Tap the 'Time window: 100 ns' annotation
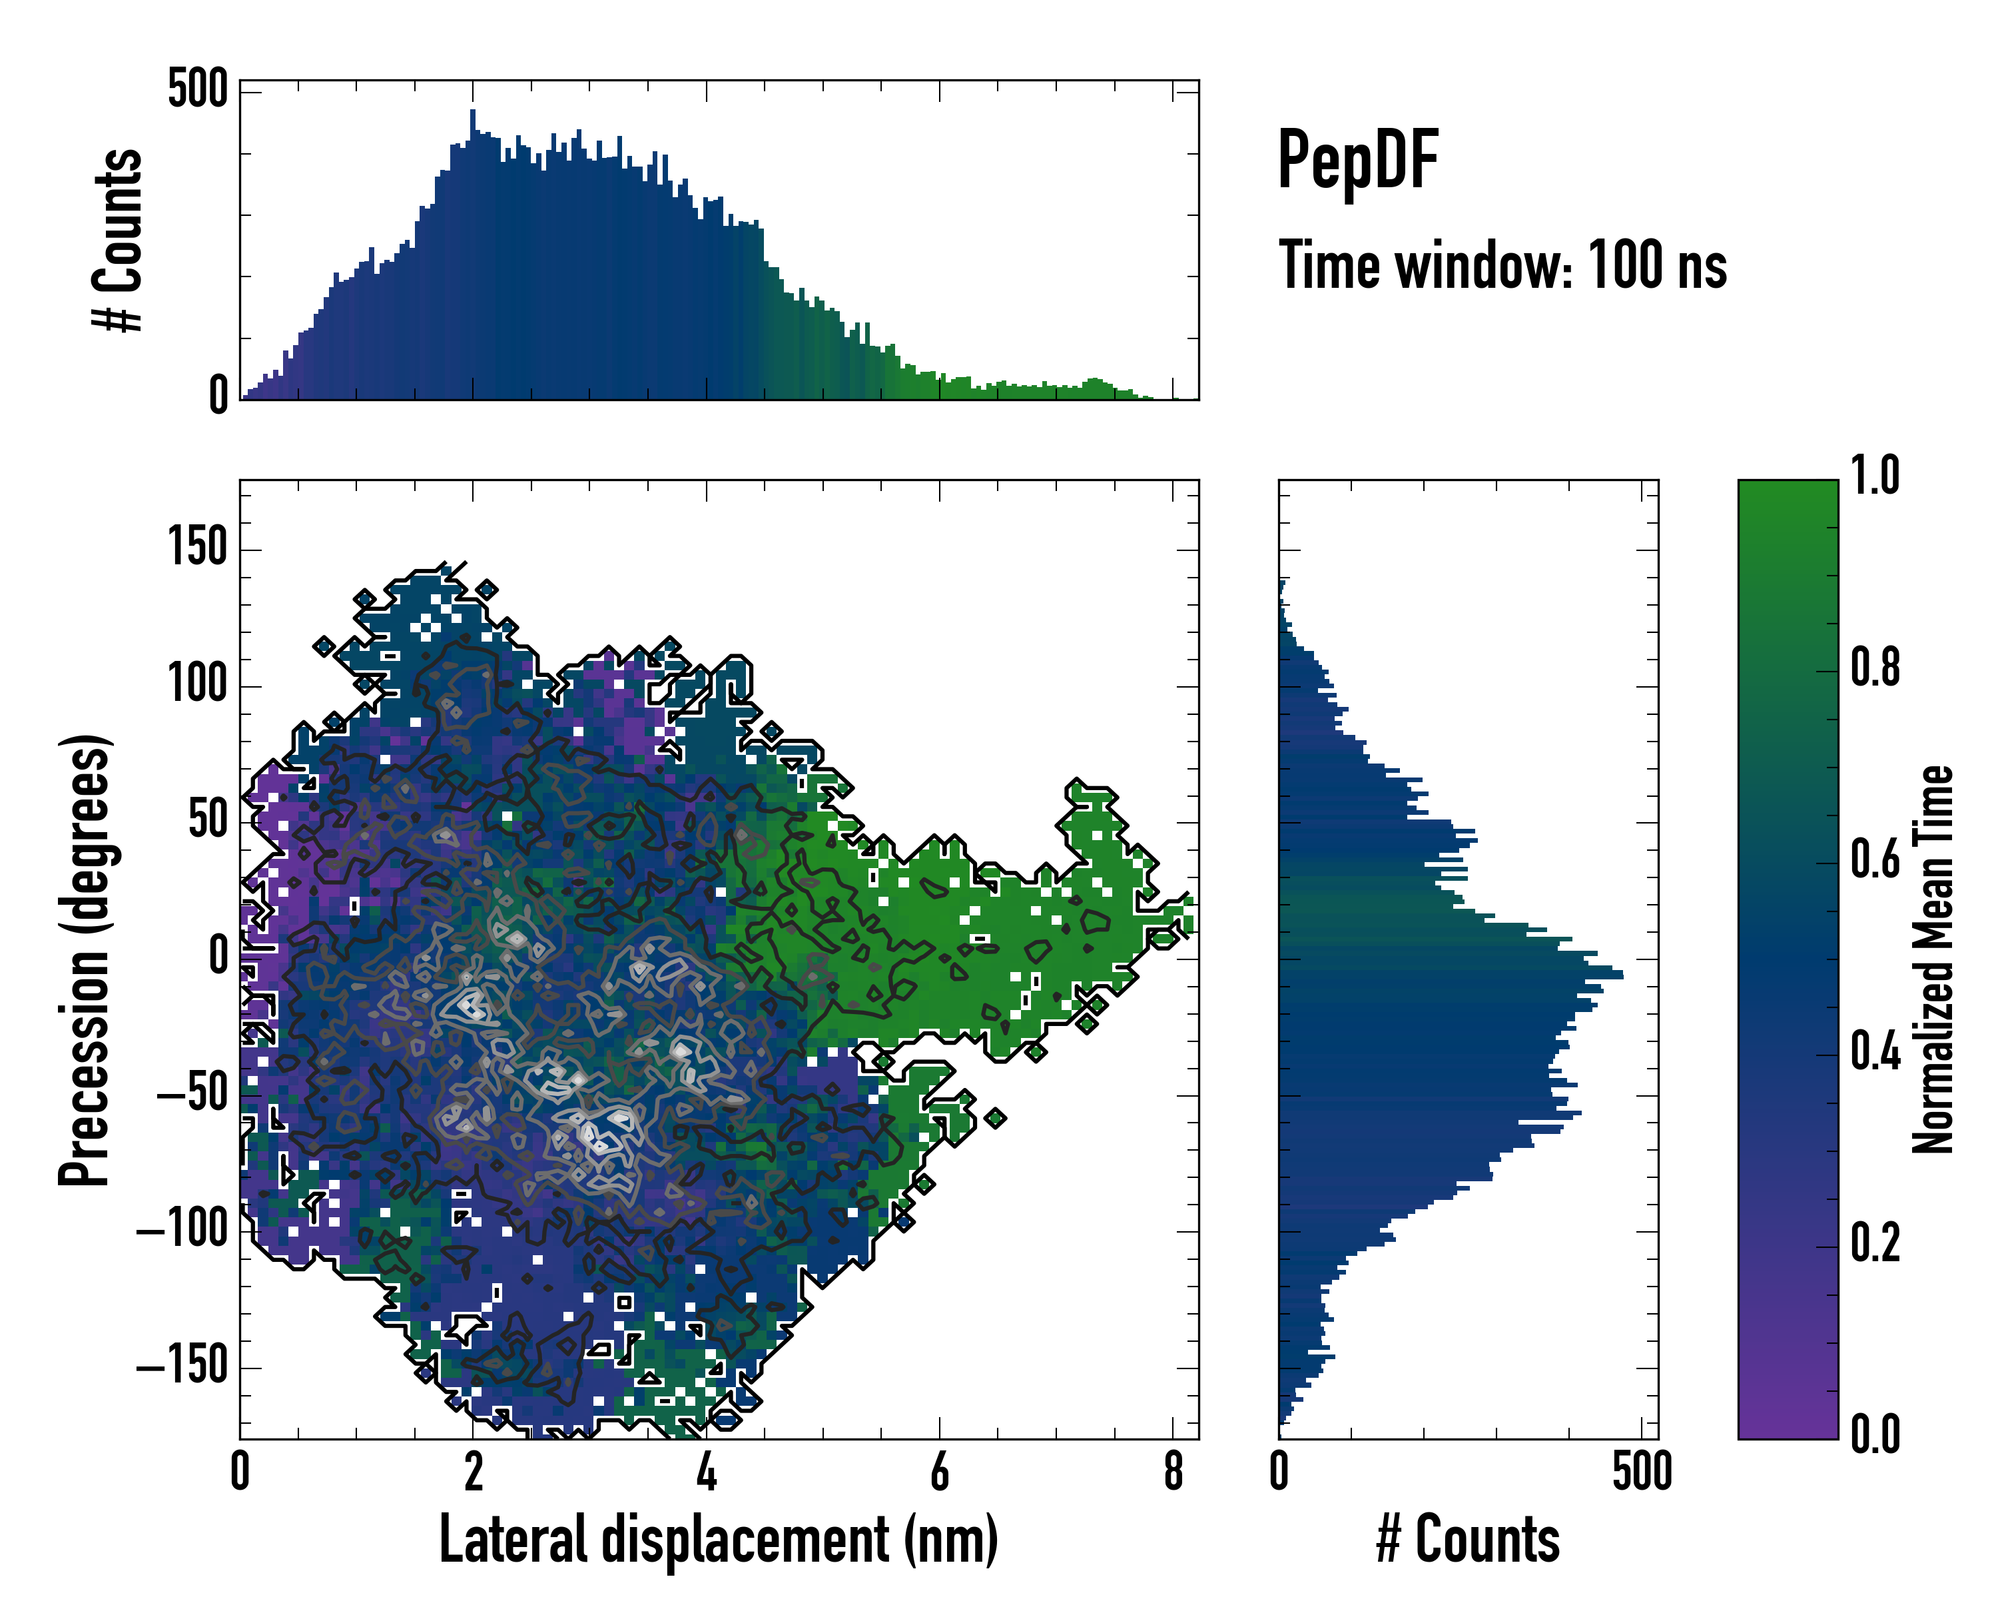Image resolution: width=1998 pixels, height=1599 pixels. (x=1502, y=266)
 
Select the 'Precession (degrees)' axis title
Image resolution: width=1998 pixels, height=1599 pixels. (x=85, y=959)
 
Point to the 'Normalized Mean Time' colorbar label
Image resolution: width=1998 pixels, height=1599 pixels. (x=1933, y=959)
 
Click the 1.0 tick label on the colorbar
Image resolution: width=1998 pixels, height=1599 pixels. (x=1875, y=476)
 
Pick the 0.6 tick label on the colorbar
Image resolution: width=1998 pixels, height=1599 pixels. (x=1875, y=859)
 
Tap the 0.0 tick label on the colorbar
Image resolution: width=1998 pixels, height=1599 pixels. (x=1875, y=1434)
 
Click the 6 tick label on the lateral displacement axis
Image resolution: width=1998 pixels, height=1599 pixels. (x=940, y=1472)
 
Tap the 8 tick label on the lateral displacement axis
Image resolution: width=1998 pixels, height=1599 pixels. (x=1173, y=1472)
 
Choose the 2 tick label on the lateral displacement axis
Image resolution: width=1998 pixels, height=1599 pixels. (x=473, y=1472)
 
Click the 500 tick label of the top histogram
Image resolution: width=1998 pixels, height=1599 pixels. (x=197, y=90)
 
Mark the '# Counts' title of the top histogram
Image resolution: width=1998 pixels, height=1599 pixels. (x=119, y=240)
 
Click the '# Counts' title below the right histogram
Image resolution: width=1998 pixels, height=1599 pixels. (x=1468, y=1540)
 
